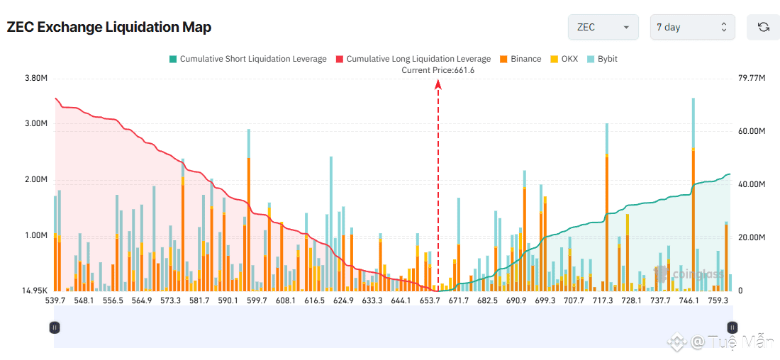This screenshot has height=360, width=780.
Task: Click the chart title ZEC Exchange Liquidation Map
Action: [x=109, y=27]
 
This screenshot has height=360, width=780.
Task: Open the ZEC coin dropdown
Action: [x=603, y=27]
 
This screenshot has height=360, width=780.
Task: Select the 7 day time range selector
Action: [x=692, y=27]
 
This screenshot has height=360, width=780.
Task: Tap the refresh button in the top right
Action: [x=763, y=27]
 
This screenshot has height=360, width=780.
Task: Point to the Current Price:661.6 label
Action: [x=438, y=70]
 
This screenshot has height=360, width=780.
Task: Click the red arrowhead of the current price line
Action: [x=438, y=84]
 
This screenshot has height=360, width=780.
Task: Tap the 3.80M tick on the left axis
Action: [x=35, y=78]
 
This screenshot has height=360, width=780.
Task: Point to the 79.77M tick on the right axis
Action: [x=752, y=78]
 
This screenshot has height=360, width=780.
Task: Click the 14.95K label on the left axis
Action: [x=34, y=291]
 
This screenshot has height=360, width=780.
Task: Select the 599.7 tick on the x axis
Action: [x=257, y=301]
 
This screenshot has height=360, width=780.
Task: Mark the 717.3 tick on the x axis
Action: [x=602, y=301]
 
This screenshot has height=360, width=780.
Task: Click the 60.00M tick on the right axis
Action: [x=752, y=131]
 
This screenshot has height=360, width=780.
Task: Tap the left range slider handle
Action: [x=55, y=327]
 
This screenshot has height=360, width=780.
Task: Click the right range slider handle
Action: [x=732, y=327]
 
